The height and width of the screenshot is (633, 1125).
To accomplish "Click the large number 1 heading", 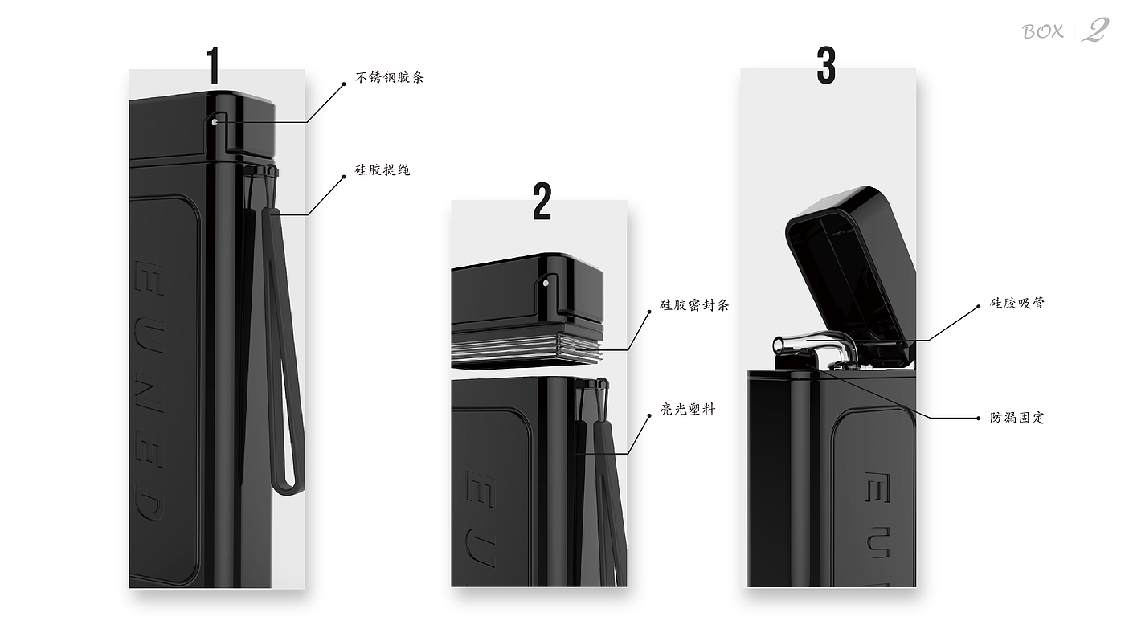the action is click(215, 66).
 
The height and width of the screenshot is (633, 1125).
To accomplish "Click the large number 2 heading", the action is click(542, 202).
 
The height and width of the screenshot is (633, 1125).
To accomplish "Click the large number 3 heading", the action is click(826, 65).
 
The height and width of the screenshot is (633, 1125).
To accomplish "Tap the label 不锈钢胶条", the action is click(390, 77).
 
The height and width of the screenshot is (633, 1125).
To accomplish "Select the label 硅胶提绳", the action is click(382, 169).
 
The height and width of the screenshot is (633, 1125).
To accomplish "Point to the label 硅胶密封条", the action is click(694, 305).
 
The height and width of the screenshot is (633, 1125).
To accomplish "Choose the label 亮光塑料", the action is click(688, 410).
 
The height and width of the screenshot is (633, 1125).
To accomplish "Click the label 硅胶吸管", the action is click(1017, 303).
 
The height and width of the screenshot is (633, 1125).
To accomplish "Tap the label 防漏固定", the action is click(1017, 418).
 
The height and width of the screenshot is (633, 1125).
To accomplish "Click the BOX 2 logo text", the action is click(1066, 31).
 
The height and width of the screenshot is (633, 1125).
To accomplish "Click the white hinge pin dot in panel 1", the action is click(215, 122).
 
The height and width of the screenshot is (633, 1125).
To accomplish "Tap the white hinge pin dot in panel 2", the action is click(546, 283).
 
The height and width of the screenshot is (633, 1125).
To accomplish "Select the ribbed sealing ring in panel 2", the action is click(527, 349).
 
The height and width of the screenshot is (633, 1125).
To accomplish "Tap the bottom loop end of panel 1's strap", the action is click(288, 489).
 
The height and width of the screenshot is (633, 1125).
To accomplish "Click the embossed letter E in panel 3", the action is click(877, 488).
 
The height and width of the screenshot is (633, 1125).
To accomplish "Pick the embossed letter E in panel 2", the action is click(480, 487).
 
